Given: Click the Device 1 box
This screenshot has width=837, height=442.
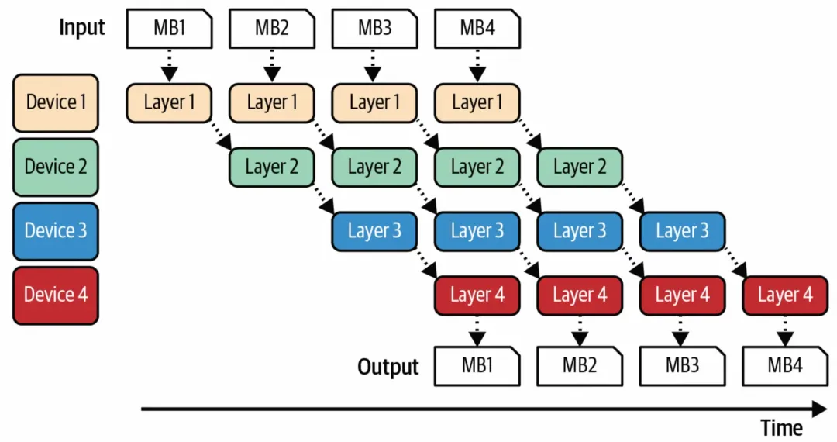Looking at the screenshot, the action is (x=56, y=103).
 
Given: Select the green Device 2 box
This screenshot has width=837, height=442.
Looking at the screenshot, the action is (x=56, y=167).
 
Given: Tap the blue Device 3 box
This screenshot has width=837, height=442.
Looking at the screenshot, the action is (x=56, y=231).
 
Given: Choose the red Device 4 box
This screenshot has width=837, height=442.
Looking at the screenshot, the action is (x=56, y=295).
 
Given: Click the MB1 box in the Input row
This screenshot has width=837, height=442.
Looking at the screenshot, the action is (x=169, y=28).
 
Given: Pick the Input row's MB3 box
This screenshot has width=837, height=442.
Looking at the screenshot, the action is (x=374, y=28).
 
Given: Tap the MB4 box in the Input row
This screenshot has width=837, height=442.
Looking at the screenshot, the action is (x=477, y=28).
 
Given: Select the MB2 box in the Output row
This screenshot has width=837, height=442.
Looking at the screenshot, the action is (x=580, y=366).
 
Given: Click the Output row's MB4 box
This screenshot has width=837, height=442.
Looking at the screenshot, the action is (x=785, y=366).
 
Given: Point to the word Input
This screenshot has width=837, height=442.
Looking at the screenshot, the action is (x=81, y=28).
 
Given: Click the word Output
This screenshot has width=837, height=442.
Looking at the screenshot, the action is (x=388, y=367).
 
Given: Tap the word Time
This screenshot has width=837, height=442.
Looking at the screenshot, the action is (x=781, y=427).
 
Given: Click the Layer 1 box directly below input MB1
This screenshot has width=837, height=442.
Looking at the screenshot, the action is (x=169, y=103).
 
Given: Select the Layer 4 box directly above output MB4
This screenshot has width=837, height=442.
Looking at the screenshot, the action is (x=785, y=295).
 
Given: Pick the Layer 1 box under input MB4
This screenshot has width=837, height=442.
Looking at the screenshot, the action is (x=477, y=103).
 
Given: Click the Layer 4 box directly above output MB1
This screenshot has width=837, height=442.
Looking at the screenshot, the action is (x=477, y=295).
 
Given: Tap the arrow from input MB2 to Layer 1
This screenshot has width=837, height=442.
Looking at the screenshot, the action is (x=272, y=66).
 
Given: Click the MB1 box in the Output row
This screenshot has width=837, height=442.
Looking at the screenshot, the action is (x=477, y=366).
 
